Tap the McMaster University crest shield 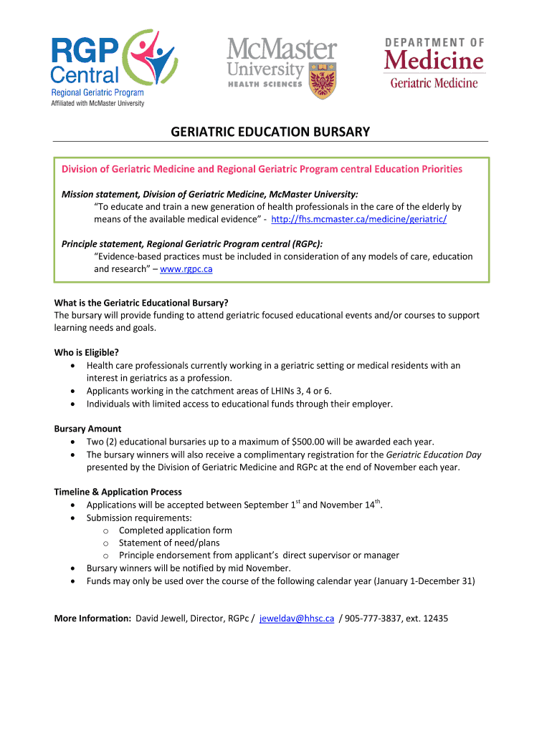(322, 80)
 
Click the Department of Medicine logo (434, 64)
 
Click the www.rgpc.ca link (186, 269)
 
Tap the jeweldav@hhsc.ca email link (296, 618)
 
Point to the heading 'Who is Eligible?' (87, 352)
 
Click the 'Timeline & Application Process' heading (118, 492)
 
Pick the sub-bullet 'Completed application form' (175, 530)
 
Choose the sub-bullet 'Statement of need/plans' (169, 543)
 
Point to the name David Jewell (162, 618)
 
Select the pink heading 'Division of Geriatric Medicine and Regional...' (262, 169)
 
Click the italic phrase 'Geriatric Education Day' (434, 455)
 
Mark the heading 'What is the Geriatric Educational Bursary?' (141, 302)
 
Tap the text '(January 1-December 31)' (424, 581)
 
